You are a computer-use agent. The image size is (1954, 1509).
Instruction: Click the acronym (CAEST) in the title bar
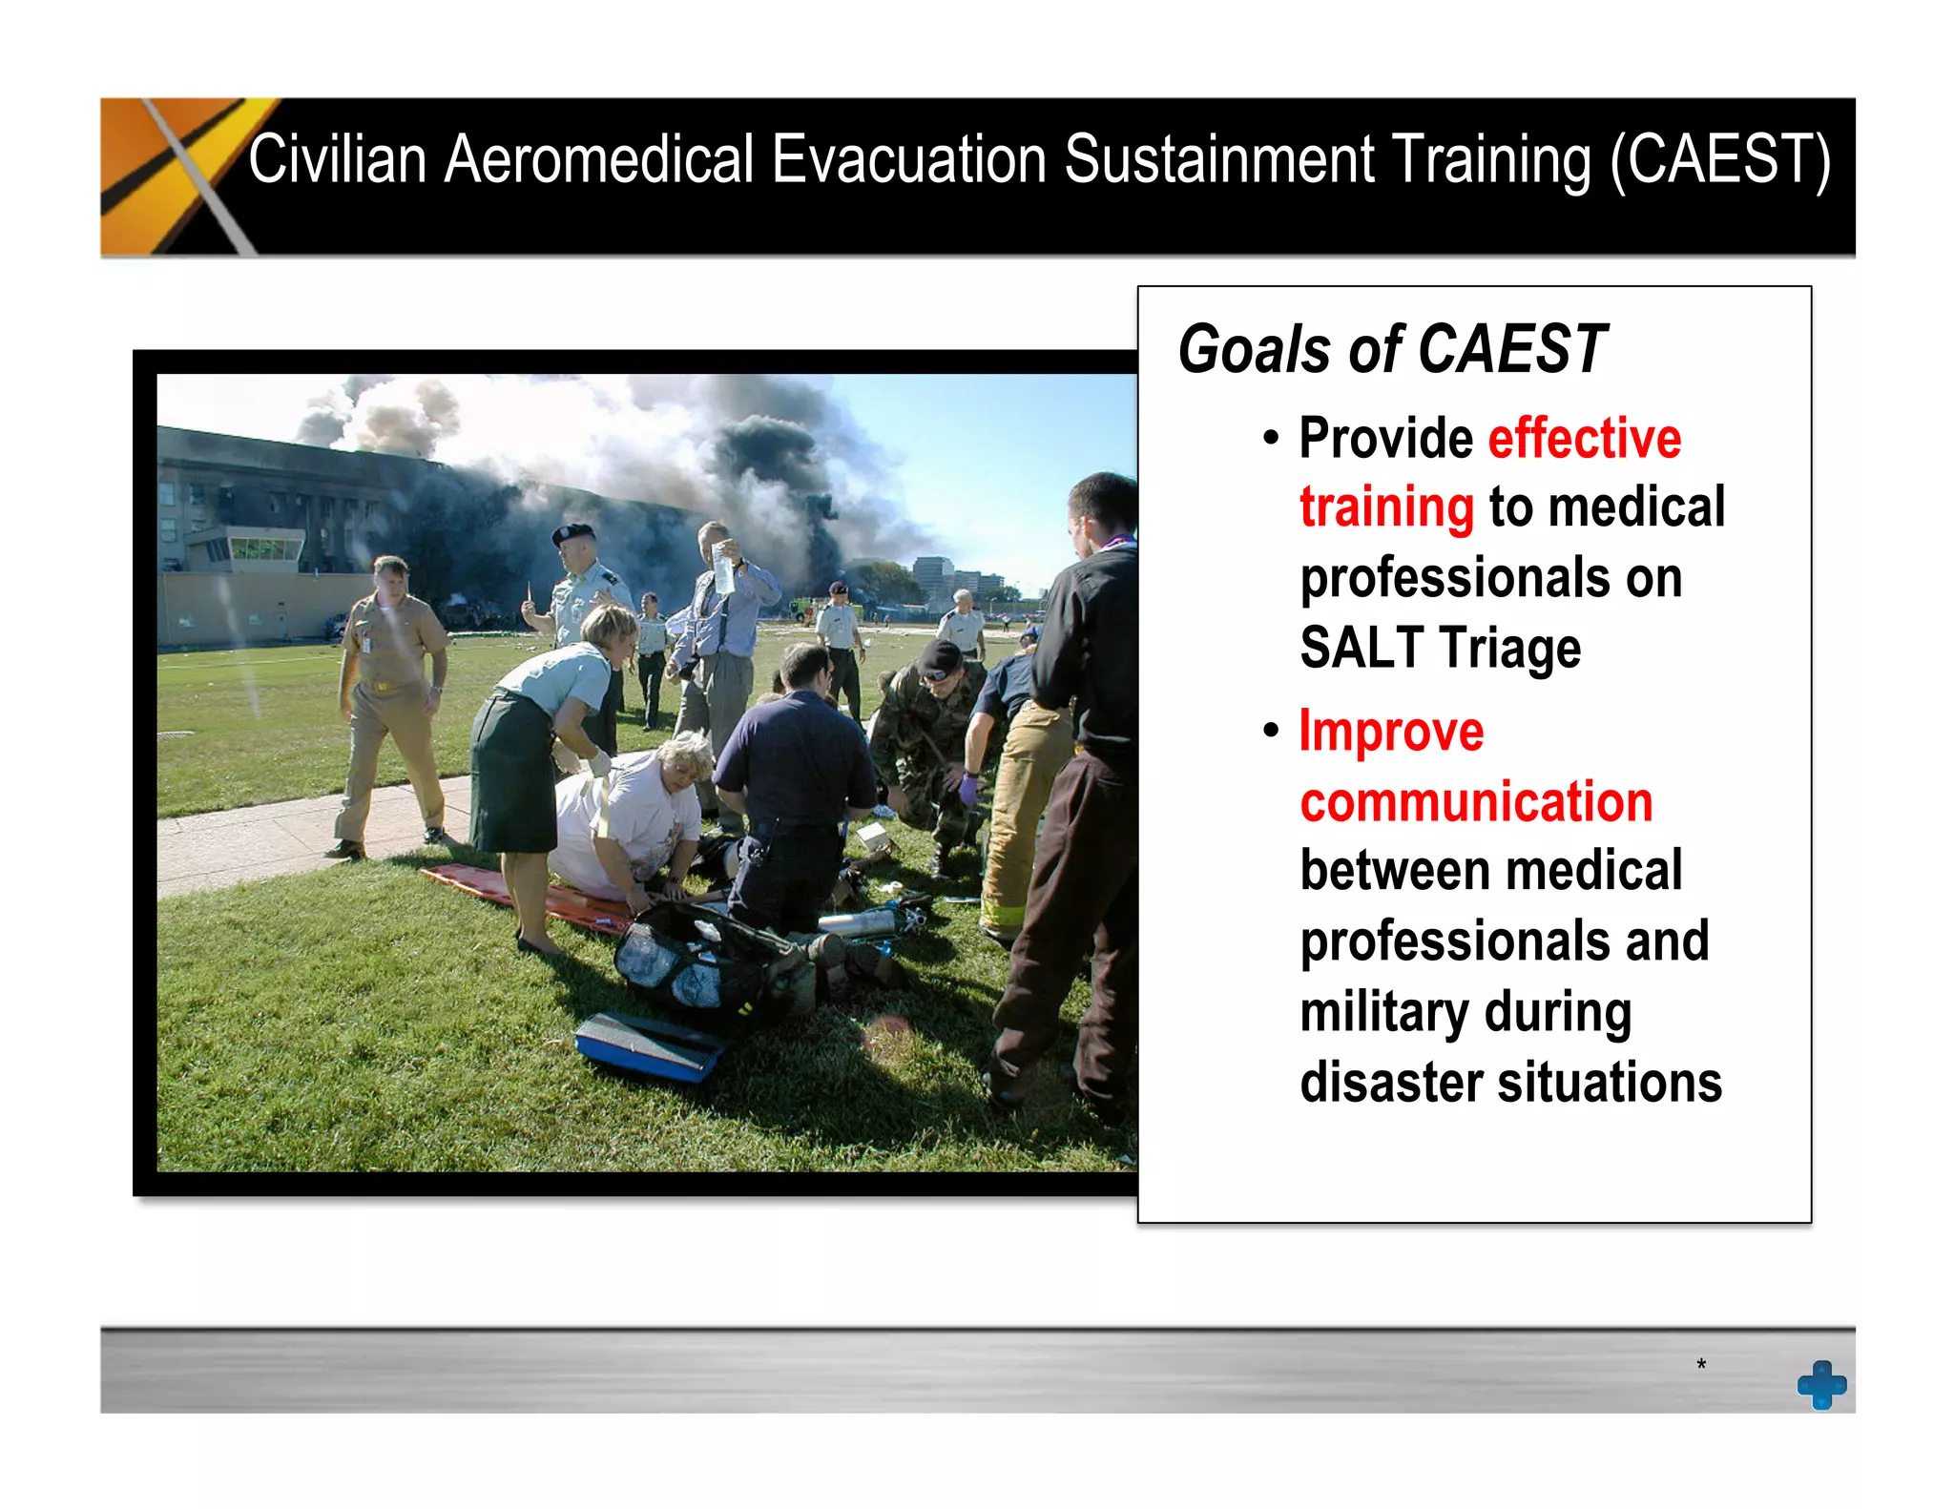(x=1719, y=160)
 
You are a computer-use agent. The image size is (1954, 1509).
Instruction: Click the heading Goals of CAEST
(x=1392, y=349)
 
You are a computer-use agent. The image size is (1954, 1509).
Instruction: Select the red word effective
(x=1584, y=439)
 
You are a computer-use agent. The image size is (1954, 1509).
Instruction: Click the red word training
(x=1386, y=507)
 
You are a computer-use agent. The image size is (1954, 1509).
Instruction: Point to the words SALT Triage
(x=1440, y=648)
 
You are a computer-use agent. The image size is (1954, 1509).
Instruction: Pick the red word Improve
(x=1391, y=732)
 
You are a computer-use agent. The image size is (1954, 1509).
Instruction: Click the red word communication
(x=1475, y=801)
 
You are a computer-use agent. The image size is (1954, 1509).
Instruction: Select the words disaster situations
(x=1510, y=1083)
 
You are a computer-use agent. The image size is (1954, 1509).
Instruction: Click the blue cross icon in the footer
(x=1820, y=1384)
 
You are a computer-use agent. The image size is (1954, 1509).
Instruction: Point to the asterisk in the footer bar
(x=1700, y=1364)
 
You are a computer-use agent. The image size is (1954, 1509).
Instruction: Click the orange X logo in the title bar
(x=177, y=176)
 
